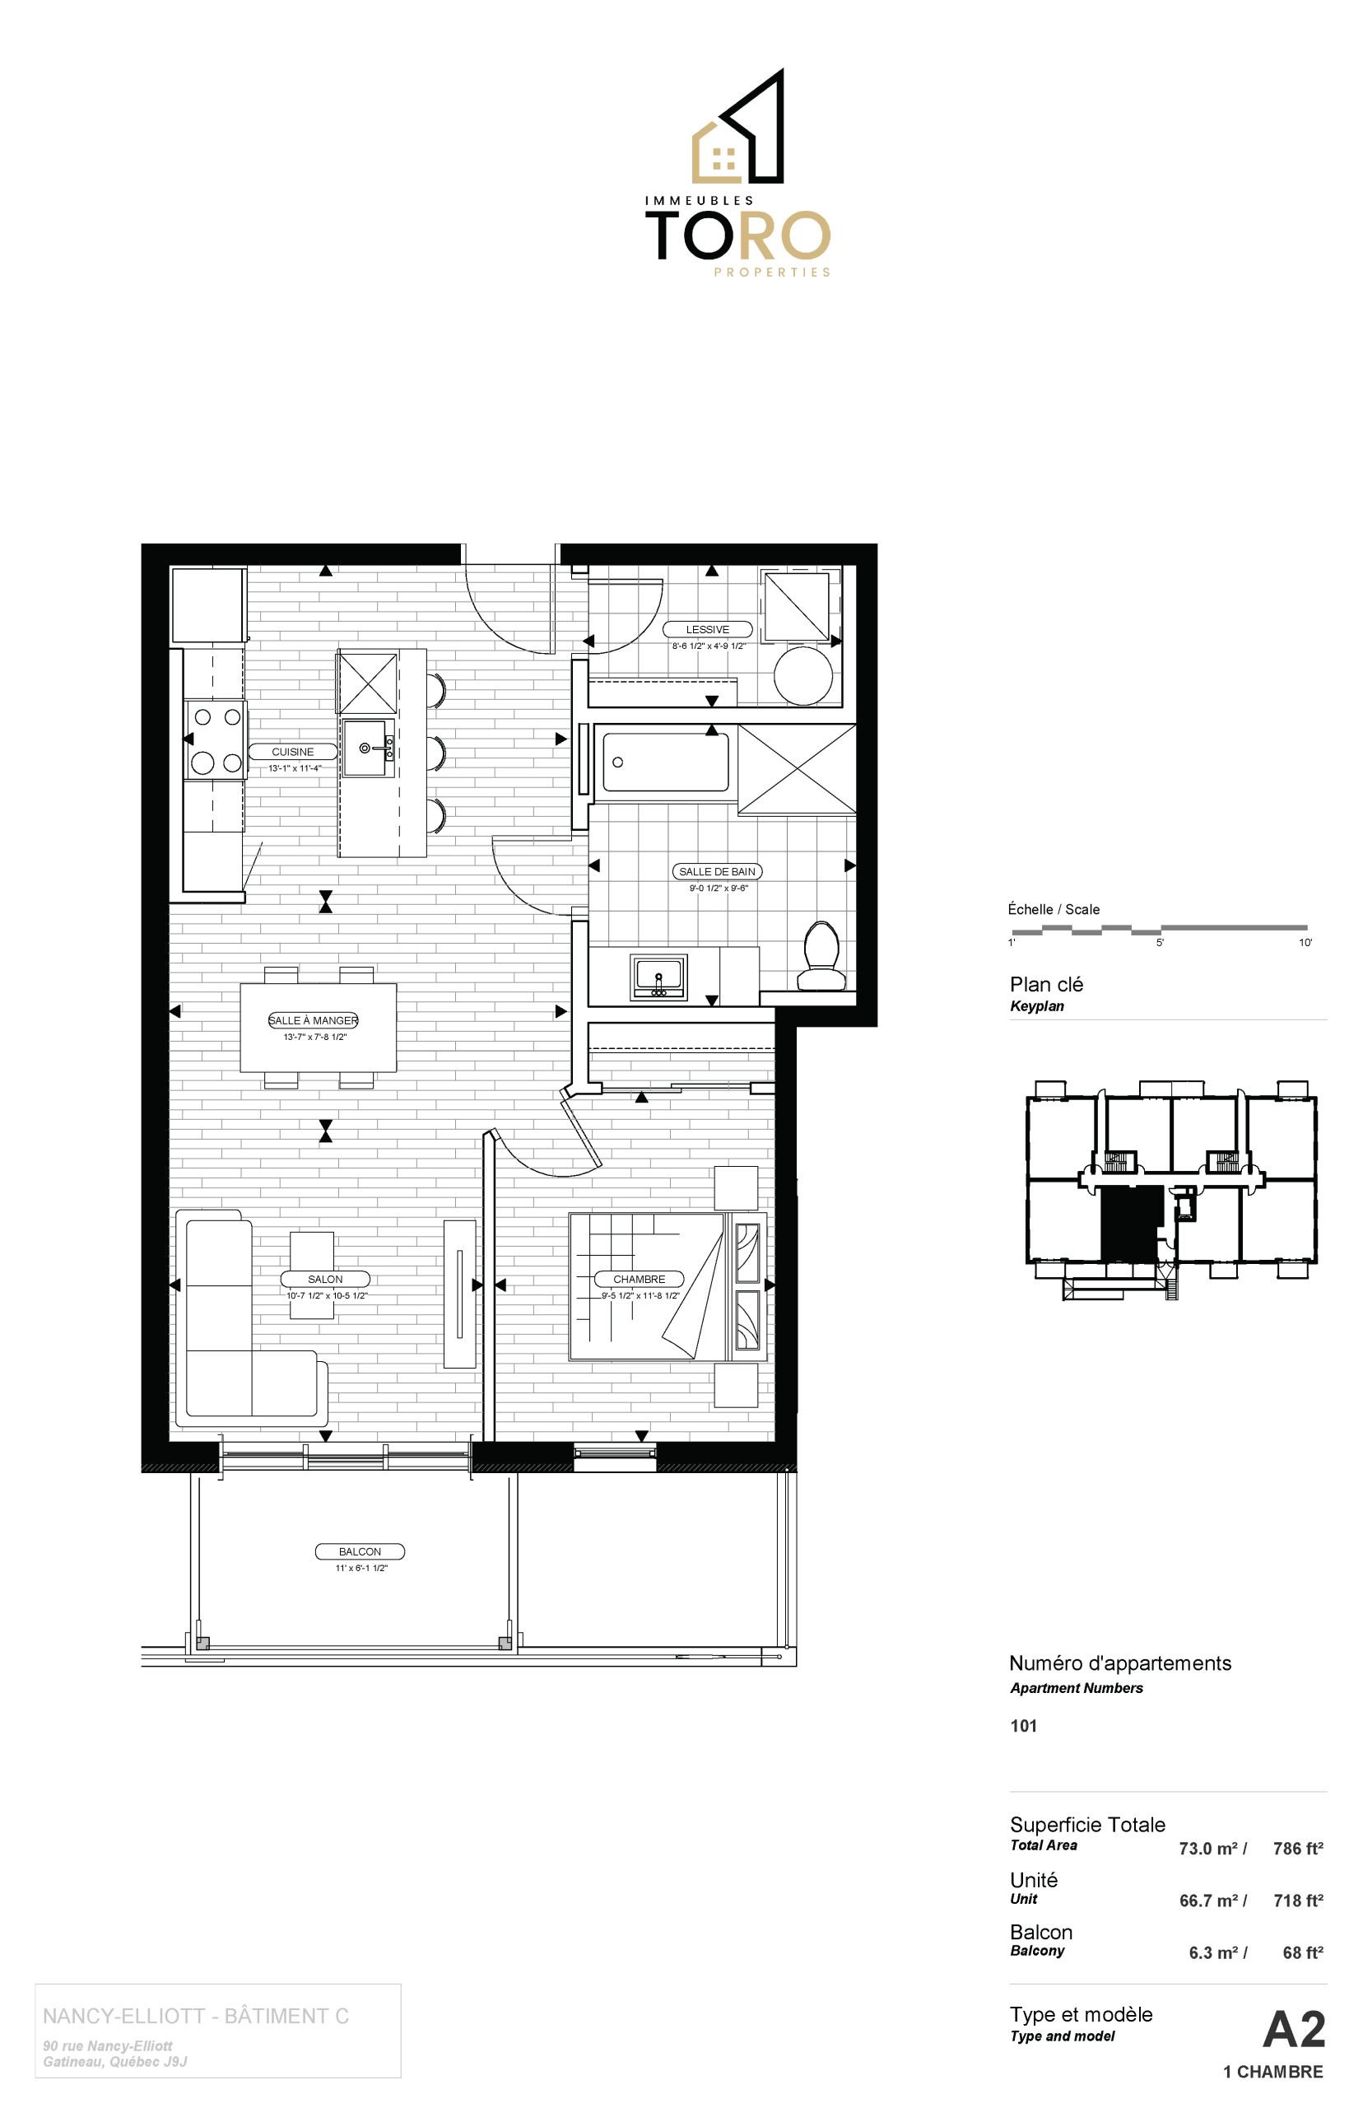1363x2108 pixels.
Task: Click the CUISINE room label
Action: (x=292, y=752)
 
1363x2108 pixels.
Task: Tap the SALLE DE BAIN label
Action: (x=717, y=871)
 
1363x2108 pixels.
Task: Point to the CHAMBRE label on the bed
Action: (x=639, y=1279)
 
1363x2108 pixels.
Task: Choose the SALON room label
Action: (x=325, y=1279)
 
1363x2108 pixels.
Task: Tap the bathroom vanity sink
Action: (x=658, y=976)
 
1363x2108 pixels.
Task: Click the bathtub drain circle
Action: (x=618, y=763)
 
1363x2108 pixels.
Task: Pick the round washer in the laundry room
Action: (x=803, y=675)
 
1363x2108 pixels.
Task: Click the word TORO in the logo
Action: (x=738, y=236)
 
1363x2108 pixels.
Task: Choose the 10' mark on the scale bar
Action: (x=1305, y=943)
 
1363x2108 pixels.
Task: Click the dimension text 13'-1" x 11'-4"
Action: (x=295, y=768)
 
